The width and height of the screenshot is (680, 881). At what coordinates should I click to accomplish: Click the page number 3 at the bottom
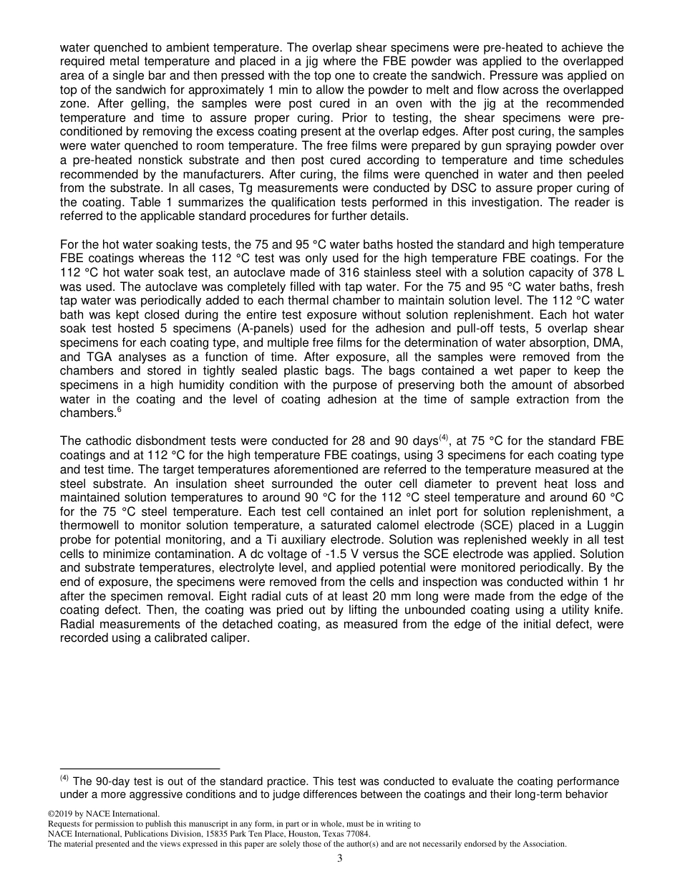(340, 858)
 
